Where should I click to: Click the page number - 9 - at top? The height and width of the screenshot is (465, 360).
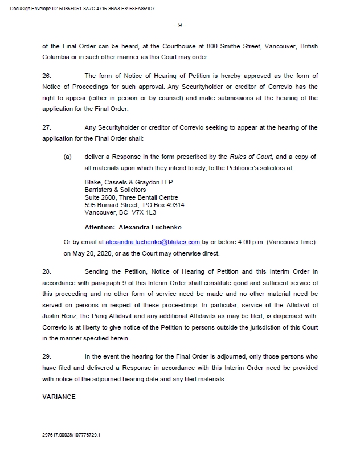click(179, 26)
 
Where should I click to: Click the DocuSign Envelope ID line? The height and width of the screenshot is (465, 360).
click(83, 9)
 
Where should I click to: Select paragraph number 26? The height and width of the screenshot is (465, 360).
click(47, 76)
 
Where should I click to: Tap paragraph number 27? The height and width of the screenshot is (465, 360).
click(47, 127)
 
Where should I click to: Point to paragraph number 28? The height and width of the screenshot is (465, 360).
click(47, 272)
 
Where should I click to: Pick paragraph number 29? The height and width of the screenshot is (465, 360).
click(47, 356)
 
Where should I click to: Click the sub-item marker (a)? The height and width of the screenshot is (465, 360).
click(68, 157)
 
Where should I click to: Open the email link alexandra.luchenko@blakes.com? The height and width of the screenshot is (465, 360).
click(153, 242)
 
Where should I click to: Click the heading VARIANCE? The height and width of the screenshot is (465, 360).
click(59, 397)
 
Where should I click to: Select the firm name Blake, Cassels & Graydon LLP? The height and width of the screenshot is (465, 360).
click(128, 182)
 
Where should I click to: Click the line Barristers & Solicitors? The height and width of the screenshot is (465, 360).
click(115, 190)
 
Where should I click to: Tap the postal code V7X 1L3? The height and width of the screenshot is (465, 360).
click(144, 212)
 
